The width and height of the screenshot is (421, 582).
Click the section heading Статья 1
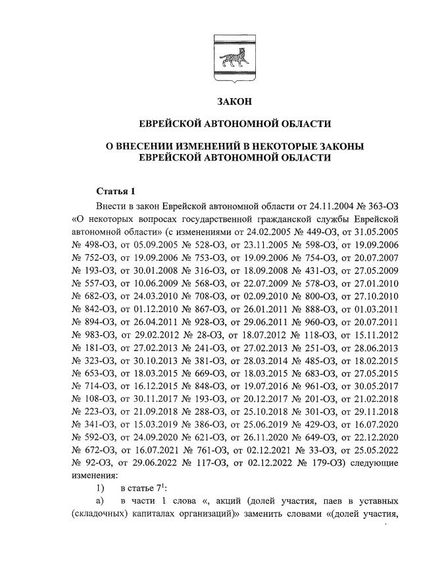(115, 192)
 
